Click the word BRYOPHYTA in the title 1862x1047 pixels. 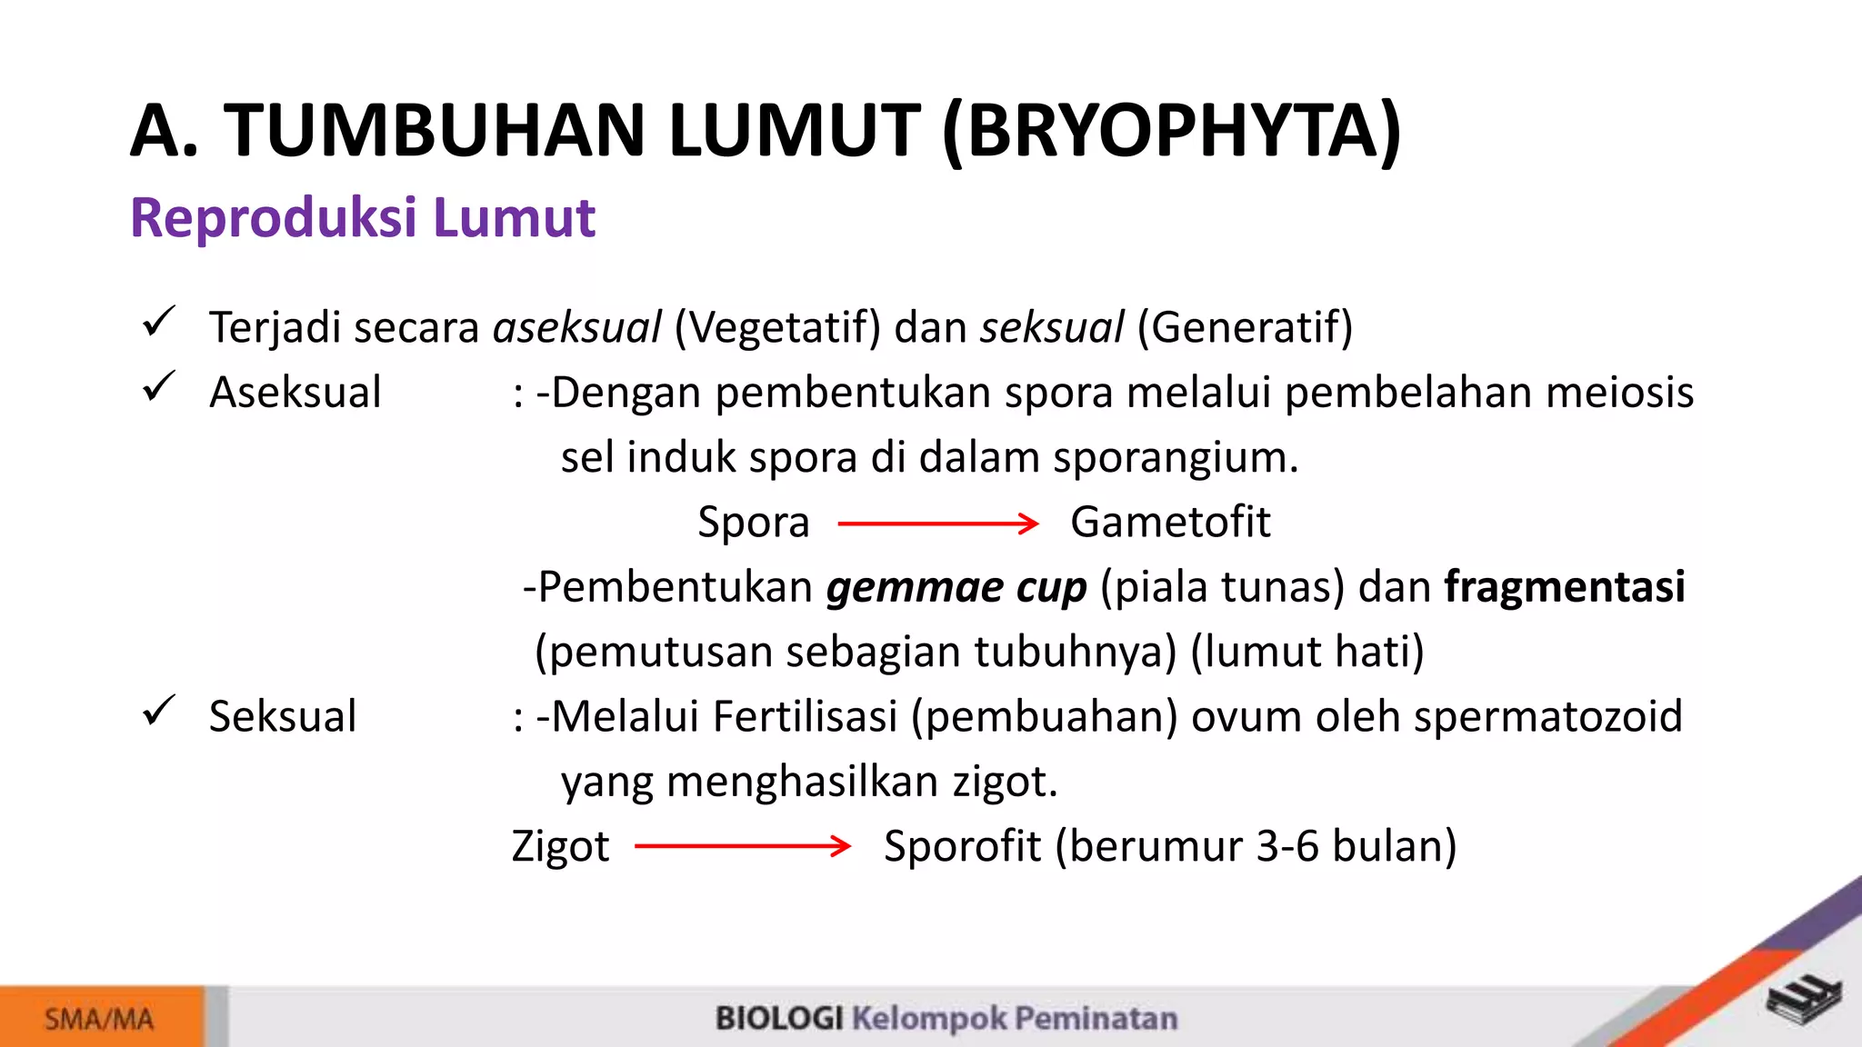(1173, 132)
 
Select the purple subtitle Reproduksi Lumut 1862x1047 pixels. (362, 218)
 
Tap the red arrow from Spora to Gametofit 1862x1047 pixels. (937, 523)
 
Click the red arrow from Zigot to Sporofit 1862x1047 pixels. (742, 847)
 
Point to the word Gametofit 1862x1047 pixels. (1169, 523)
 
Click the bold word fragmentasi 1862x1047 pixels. (1564, 587)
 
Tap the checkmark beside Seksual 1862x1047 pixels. (158, 711)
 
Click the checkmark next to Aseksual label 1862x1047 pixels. (158, 387)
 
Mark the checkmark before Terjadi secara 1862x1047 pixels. (158, 322)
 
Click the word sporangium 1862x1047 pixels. (1175, 458)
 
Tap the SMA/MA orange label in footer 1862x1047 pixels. (100, 1019)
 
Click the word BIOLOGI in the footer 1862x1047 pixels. (779, 1019)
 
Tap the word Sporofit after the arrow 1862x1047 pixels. (961, 847)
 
